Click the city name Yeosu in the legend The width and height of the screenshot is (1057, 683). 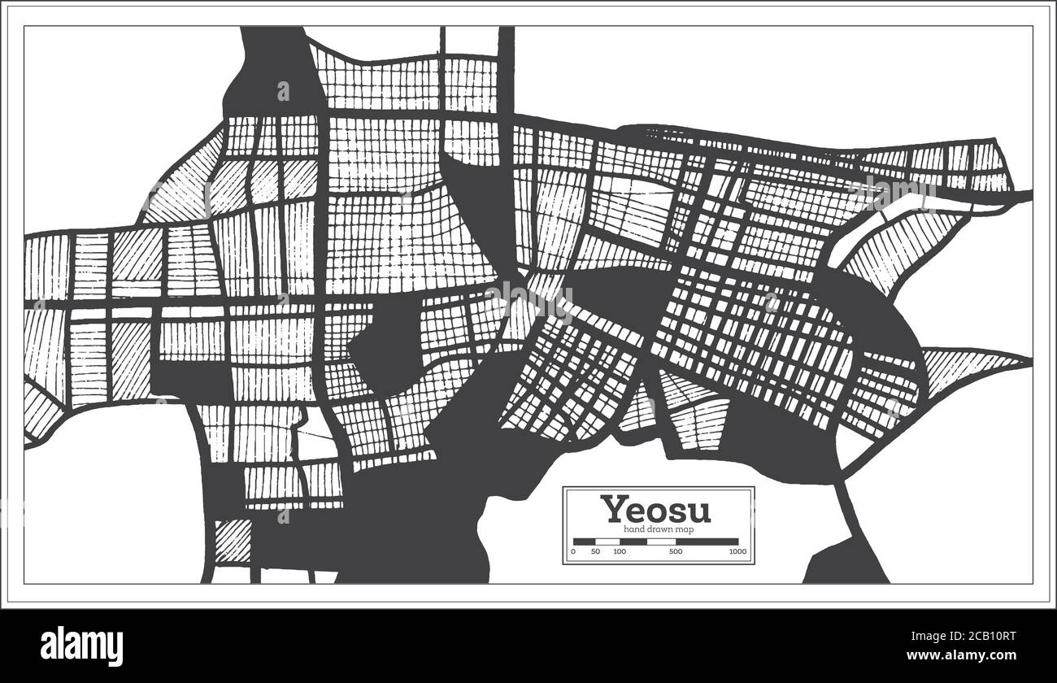655,510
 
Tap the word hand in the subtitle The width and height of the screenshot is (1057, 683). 633,530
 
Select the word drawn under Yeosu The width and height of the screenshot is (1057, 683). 657,530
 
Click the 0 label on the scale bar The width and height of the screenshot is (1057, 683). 573,552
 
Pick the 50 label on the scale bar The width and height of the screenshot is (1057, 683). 595,552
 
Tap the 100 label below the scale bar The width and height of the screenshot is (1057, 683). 620,552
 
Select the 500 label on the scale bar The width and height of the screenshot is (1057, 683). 675,552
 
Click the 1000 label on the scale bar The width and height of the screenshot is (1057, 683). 737,552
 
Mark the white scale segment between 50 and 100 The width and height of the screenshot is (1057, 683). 607,542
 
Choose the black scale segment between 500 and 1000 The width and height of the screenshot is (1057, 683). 707,542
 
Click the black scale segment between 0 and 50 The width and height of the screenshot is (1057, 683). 584,542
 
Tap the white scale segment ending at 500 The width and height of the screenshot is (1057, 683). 647,542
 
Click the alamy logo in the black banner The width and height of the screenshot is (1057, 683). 82,646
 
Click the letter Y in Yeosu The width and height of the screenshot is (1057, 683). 612,510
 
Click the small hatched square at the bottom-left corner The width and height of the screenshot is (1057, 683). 233,541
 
